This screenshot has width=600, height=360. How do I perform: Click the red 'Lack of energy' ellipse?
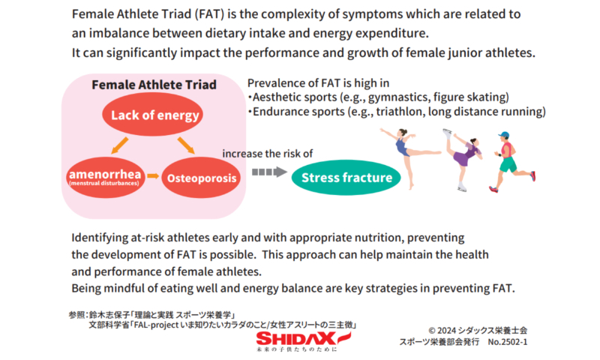coord(152,115)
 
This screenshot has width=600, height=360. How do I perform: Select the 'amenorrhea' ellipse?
coord(106,177)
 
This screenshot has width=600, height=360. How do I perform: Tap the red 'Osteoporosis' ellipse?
coord(201,178)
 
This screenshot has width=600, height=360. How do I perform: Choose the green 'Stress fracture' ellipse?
coord(346,178)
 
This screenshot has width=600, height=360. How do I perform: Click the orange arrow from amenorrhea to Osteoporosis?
coord(153,176)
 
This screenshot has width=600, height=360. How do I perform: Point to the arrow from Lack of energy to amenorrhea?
coord(120,145)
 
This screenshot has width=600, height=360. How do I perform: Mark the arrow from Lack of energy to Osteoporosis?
coord(186,145)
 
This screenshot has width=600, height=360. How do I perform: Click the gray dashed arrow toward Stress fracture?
coord(269,172)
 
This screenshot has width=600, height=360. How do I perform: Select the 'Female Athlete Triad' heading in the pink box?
coord(154,85)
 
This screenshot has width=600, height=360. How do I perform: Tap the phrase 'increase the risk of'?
coord(268,154)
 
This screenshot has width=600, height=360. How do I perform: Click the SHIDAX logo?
coord(303,340)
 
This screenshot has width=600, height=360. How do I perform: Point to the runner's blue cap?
coord(504,135)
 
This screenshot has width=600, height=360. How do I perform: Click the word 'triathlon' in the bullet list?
coord(399,111)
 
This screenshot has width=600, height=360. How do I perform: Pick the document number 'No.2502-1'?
coord(508,342)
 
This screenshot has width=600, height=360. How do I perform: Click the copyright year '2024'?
coord(446,330)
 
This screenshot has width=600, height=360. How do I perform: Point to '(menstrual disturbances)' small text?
coord(104,183)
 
